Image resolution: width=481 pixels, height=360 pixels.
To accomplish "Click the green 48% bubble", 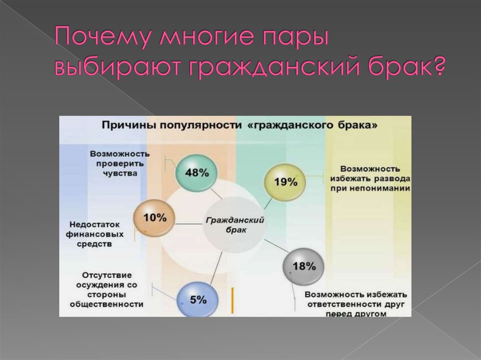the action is click(x=196, y=173).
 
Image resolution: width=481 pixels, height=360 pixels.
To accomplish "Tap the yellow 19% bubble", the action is click(x=285, y=182).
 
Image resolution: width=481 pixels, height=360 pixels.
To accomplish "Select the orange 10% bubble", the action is click(x=154, y=218).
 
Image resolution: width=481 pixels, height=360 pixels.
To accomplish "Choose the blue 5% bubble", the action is click(x=198, y=299).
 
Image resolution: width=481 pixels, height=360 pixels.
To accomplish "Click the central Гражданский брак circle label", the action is click(x=235, y=225).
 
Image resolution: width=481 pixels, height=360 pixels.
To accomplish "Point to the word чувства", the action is click(x=120, y=174).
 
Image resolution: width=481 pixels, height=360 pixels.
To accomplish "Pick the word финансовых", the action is click(x=94, y=235).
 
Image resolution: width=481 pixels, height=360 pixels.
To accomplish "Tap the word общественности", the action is click(x=107, y=305).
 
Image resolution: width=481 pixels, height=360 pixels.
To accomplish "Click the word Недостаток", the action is click(x=94, y=225).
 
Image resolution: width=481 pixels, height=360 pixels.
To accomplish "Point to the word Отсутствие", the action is click(x=107, y=275).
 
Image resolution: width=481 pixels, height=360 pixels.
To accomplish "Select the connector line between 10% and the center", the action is click(x=189, y=224).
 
